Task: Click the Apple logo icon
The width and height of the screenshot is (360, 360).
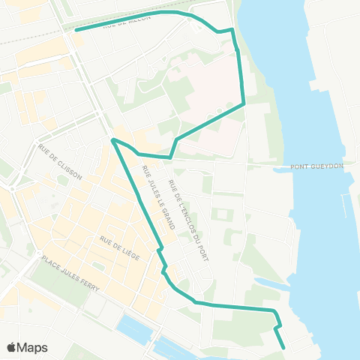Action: [x=12, y=348]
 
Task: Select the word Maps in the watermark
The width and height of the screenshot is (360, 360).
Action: [x=33, y=348]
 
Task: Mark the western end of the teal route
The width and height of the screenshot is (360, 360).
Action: [x=76, y=31]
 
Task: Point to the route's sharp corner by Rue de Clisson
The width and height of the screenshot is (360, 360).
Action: [x=112, y=139]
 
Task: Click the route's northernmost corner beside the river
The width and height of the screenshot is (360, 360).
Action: [x=233, y=30]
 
